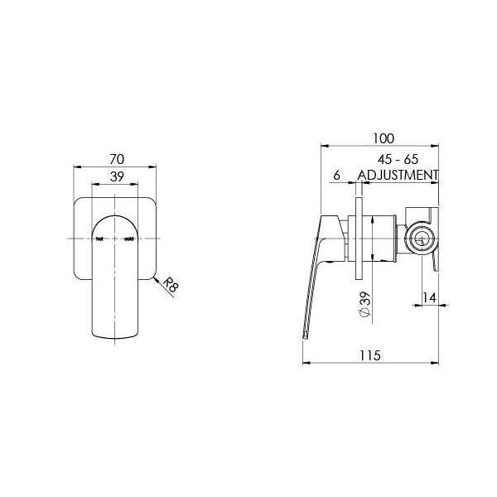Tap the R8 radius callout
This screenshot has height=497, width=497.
(170, 287)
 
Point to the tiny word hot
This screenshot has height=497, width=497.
(100, 239)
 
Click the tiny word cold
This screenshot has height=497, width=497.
(128, 239)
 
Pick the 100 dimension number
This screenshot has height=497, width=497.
(382, 138)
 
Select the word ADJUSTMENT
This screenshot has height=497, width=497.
(397, 175)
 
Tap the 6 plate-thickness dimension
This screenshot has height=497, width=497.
(337, 175)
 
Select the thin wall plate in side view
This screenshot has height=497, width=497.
(358, 240)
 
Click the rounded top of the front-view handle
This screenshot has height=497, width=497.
(115, 217)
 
